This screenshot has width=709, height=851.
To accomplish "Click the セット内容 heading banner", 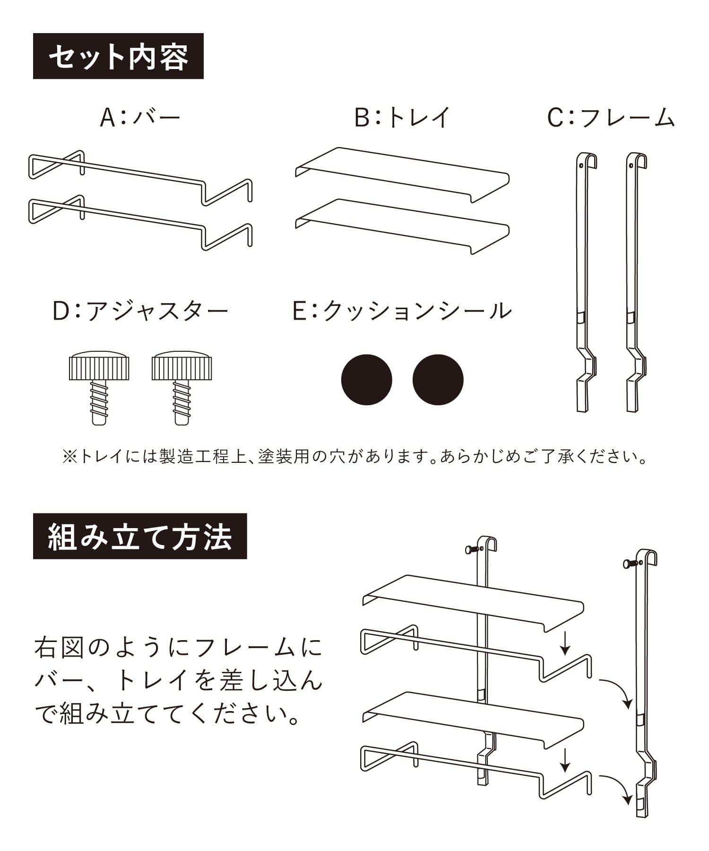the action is coord(118,56).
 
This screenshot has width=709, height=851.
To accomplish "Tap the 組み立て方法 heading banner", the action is coord(140,536).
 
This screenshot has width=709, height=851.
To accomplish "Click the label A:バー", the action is coord(140,117).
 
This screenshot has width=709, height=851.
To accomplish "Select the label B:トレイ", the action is coord(403,117).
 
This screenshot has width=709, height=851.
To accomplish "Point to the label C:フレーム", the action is coord(611,117).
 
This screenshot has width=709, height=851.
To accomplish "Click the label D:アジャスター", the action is coord(140,311).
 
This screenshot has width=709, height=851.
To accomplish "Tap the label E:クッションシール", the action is coord(402,311).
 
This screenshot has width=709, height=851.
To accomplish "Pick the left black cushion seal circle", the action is coord(367,380).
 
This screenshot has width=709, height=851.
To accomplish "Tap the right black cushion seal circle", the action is coord(438,380).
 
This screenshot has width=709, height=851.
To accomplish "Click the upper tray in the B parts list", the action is coord(402,175).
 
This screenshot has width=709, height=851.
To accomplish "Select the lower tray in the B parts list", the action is coord(402,226).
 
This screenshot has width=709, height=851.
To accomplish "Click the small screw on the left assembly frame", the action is coord(472,549).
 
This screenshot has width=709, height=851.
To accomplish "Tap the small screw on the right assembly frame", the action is coord(631,563).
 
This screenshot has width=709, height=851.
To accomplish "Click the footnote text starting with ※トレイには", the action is coord(355,457).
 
